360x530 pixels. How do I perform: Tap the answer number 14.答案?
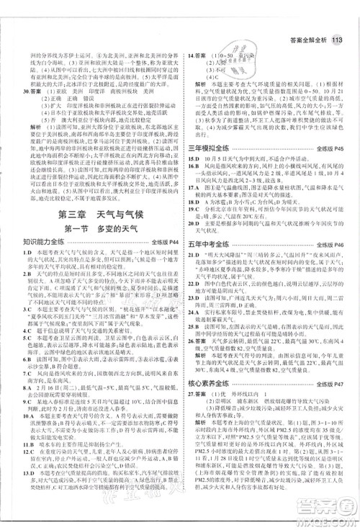196,55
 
